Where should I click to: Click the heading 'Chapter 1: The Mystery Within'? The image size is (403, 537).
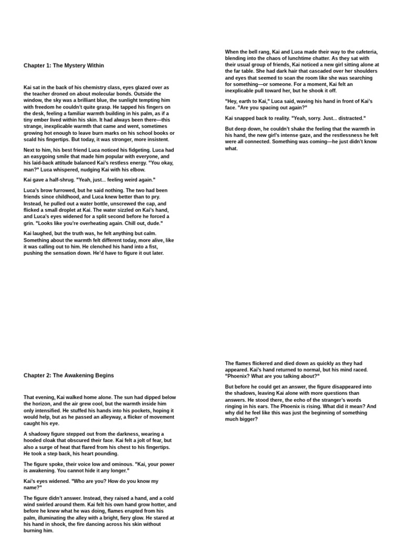point(63,66)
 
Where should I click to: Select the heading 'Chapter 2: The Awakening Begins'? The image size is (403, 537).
point(68,375)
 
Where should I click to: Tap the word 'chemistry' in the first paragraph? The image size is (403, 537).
point(107,88)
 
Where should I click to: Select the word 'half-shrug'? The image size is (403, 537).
point(58,180)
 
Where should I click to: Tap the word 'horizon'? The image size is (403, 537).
point(42,404)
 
